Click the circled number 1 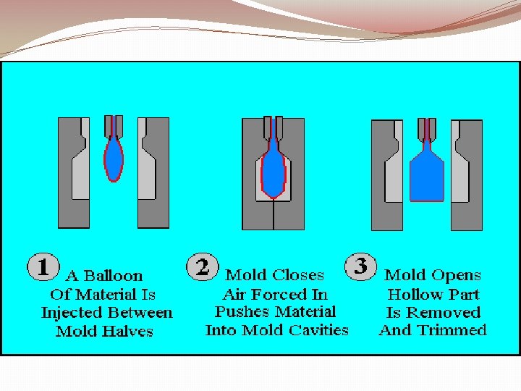[43, 266]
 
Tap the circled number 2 [203, 266]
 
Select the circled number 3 [360, 266]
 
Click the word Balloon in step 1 [113, 276]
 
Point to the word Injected [72, 314]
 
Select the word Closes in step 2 [297, 275]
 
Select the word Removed [444, 313]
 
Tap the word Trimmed [452, 330]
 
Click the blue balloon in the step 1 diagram [114, 159]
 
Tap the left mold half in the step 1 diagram [74, 173]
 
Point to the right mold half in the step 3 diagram [467, 175]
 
